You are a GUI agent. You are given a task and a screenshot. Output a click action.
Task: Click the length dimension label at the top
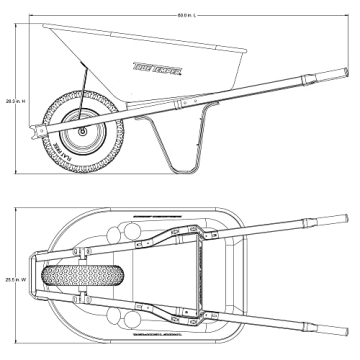(187, 15)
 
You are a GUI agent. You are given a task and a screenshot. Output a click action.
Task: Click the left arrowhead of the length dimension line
(29, 15)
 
